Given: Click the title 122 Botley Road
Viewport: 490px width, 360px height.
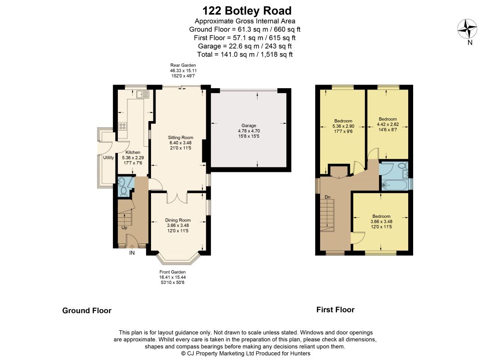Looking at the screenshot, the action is click(247, 11).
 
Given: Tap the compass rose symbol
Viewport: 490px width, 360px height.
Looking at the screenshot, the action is click(467, 29).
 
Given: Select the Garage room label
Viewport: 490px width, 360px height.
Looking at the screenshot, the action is click(249, 126).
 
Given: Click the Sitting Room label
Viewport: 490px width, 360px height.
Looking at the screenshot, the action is click(181, 137).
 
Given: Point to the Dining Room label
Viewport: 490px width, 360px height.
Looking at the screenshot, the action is click(178, 220).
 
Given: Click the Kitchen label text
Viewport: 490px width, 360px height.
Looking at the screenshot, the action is click(133, 152).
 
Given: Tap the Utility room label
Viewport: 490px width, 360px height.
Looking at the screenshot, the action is click(108, 157).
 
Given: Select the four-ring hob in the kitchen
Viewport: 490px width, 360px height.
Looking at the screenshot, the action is click(122, 126).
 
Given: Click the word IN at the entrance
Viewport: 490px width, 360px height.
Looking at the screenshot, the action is click(132, 253).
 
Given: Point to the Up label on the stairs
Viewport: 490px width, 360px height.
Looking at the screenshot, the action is click(125, 228).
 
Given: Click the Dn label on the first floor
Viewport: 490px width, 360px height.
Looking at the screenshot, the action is click(328, 197).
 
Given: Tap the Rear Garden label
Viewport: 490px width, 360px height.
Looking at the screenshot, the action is click(183, 65).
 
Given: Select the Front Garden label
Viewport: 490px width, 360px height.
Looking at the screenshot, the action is click(173, 272).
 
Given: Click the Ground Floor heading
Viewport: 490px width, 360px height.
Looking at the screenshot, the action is click(87, 310).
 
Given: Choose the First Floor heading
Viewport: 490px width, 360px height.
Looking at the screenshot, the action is click(335, 310).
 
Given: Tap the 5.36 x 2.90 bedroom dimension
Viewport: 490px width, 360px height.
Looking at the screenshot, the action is click(343, 126).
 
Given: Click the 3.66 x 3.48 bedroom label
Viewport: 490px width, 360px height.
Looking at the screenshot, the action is click(381, 221).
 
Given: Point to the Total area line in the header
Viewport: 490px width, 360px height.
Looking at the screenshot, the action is click(245, 54).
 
